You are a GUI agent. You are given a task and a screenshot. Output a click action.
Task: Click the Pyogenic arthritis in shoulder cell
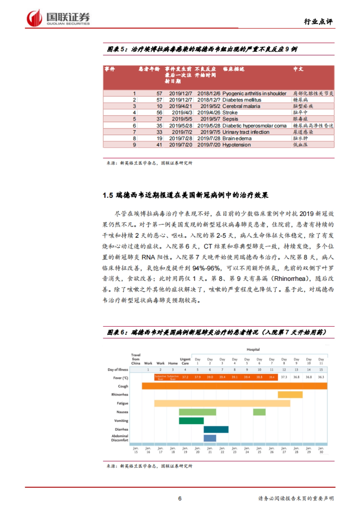[x=254, y=94]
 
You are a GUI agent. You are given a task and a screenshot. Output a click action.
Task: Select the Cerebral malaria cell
[x=241, y=106]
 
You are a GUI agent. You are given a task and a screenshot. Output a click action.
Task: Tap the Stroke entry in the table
[x=230, y=113]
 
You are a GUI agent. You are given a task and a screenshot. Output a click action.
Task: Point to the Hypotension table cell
[x=236, y=145]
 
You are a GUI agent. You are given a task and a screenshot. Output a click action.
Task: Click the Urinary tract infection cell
[x=246, y=132]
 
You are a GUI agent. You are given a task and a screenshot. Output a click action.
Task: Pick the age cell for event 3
[x=159, y=106]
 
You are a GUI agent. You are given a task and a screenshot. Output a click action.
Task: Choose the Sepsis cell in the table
[x=230, y=119]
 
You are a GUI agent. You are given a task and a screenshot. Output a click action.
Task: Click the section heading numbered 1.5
[x=185, y=195]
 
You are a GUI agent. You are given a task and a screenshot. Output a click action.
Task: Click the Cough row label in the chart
[x=123, y=386]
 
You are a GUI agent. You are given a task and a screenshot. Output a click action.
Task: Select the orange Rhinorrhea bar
[x=290, y=394]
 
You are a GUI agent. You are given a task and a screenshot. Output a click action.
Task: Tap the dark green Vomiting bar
[x=191, y=421]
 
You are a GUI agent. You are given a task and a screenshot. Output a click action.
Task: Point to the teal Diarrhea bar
[x=216, y=429]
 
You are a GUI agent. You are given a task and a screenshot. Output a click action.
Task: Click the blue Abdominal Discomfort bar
[x=210, y=438]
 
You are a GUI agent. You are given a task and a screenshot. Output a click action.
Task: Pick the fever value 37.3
[x=284, y=377]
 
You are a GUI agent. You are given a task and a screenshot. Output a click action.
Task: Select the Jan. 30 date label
[x=321, y=450]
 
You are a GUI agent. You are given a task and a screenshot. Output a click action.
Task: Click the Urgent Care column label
[x=185, y=361]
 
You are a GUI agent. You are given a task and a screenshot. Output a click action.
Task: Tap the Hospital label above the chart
[x=253, y=350]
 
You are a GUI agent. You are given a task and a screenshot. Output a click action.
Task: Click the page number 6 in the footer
[x=180, y=499]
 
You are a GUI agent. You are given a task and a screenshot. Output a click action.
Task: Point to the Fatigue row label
[x=122, y=403]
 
